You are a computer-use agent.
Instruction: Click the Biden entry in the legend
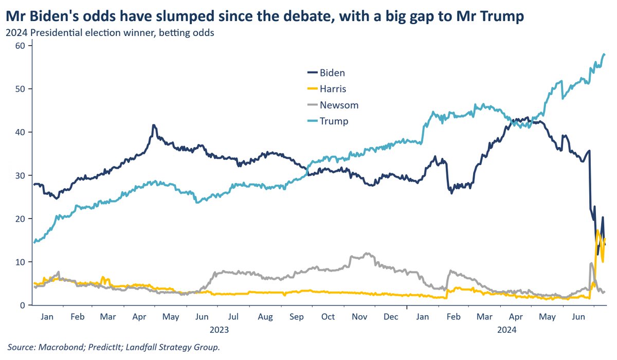[x=332, y=73]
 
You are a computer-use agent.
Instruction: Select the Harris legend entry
[x=334, y=89]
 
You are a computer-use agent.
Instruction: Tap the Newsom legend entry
[x=338, y=105]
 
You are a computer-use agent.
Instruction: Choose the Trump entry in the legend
[x=334, y=121]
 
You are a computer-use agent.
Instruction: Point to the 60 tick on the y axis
[x=21, y=46]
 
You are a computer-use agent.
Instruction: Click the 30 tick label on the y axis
[x=21, y=175]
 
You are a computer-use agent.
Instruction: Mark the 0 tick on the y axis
[x=24, y=305]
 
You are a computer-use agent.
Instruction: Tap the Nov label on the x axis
[x=359, y=317]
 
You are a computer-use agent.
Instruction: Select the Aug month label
[x=265, y=317]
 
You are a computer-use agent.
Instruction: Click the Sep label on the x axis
[x=296, y=317]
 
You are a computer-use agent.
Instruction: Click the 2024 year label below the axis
[x=506, y=329]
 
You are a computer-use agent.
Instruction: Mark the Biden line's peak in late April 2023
[x=153, y=125]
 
